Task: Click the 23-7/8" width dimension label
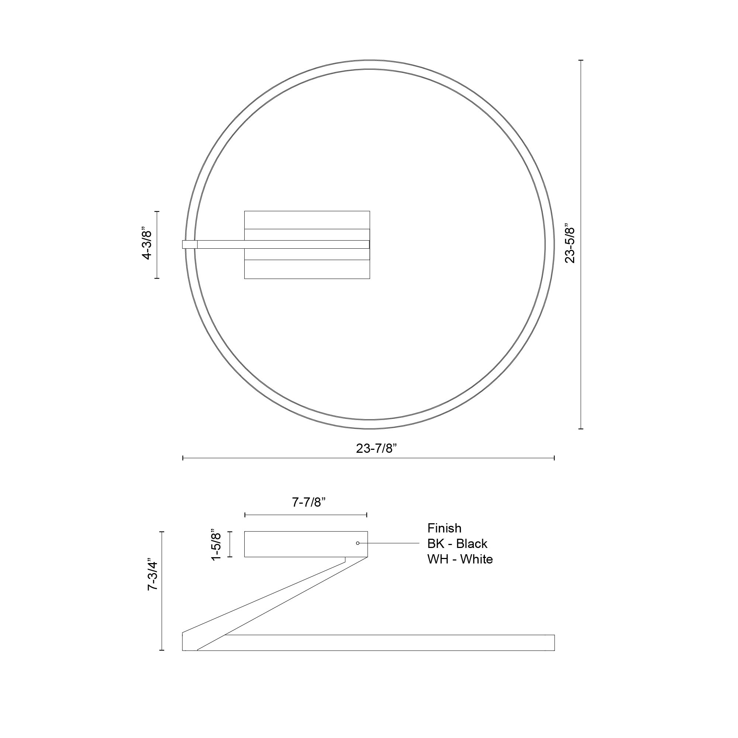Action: [x=376, y=448]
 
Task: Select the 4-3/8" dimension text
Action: [x=147, y=245]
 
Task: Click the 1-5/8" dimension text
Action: [x=217, y=544]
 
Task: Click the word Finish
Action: [x=444, y=528]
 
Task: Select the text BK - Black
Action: [x=457, y=544]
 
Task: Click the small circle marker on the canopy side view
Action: [x=358, y=543]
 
